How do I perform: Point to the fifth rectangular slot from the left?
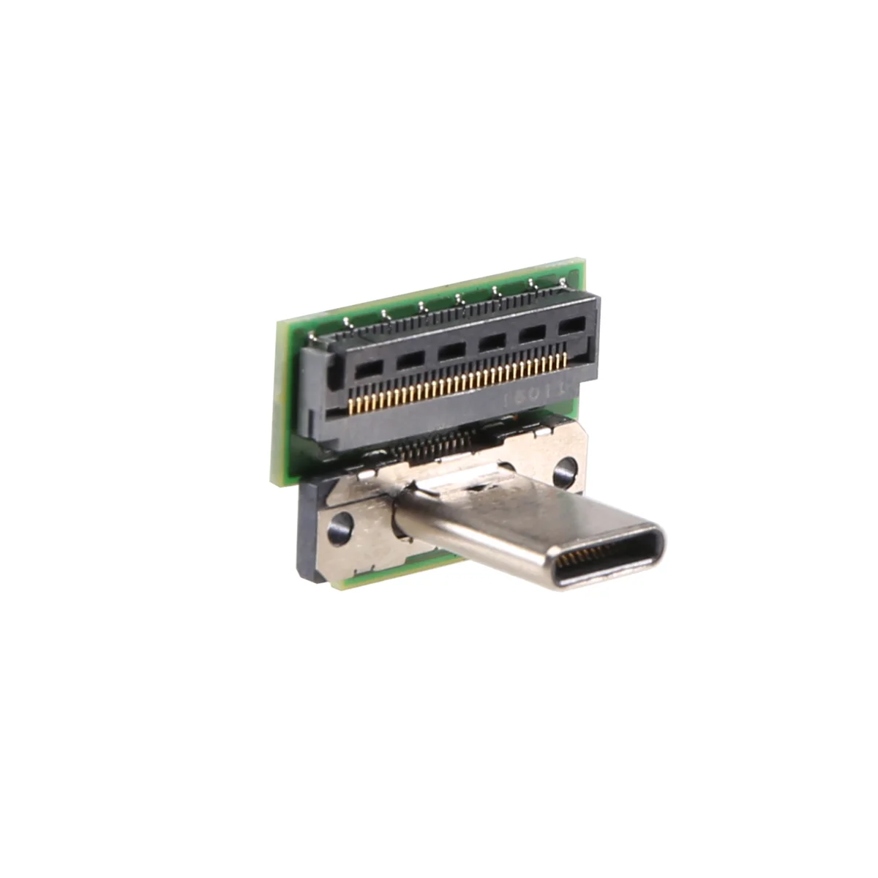[532, 336]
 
